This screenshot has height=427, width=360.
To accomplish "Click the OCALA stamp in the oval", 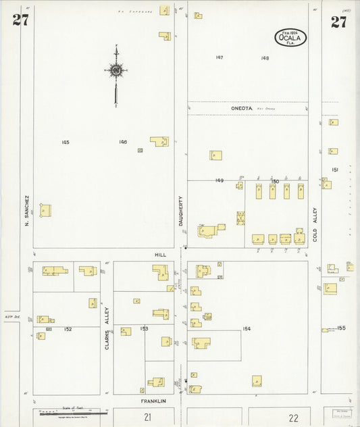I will [290, 38].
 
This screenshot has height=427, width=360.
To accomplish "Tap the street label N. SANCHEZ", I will [28, 210].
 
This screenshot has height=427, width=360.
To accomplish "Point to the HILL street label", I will [160, 255].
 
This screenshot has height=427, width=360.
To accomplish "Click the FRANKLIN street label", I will [153, 401].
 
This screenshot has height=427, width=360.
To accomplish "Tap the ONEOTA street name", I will [241, 108].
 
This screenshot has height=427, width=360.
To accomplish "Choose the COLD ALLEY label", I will [315, 224].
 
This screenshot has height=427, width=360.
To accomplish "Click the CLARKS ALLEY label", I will [107, 328].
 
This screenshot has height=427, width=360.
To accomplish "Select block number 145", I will [65, 142].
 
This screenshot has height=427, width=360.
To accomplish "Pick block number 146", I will [122, 142].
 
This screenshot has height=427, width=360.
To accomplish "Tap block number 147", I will [220, 57].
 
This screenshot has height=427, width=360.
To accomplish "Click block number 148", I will [265, 58].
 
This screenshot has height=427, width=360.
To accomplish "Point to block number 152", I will [68, 329].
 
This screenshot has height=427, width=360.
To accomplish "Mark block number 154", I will [247, 328].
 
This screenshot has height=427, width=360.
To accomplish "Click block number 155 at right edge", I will [341, 328].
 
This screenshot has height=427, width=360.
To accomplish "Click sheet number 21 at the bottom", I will [147, 418].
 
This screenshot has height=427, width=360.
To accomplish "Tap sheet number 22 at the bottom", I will [293, 418].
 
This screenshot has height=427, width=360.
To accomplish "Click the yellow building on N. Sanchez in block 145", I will [45, 210].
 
